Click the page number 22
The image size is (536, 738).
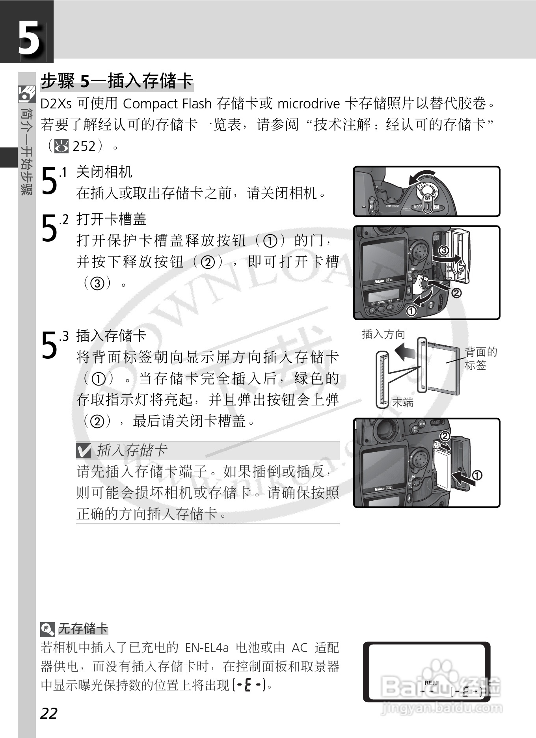pos(49,713)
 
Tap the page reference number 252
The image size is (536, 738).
pos(84,146)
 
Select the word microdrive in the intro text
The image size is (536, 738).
pos(308,104)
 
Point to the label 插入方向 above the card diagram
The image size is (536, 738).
pos(383,334)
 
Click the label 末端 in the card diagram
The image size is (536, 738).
pos(402,402)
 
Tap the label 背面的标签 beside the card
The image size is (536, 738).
pos(480,358)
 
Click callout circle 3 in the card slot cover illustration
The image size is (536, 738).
pos(443,250)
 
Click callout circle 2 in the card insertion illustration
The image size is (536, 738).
pos(445,436)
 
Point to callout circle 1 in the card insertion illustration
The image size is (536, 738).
pos(476,475)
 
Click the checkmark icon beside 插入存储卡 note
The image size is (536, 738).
pos(84,450)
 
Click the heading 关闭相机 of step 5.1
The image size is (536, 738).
pos(104,172)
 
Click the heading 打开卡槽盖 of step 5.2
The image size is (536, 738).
pos(111,219)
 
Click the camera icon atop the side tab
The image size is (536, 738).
pos(26,94)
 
